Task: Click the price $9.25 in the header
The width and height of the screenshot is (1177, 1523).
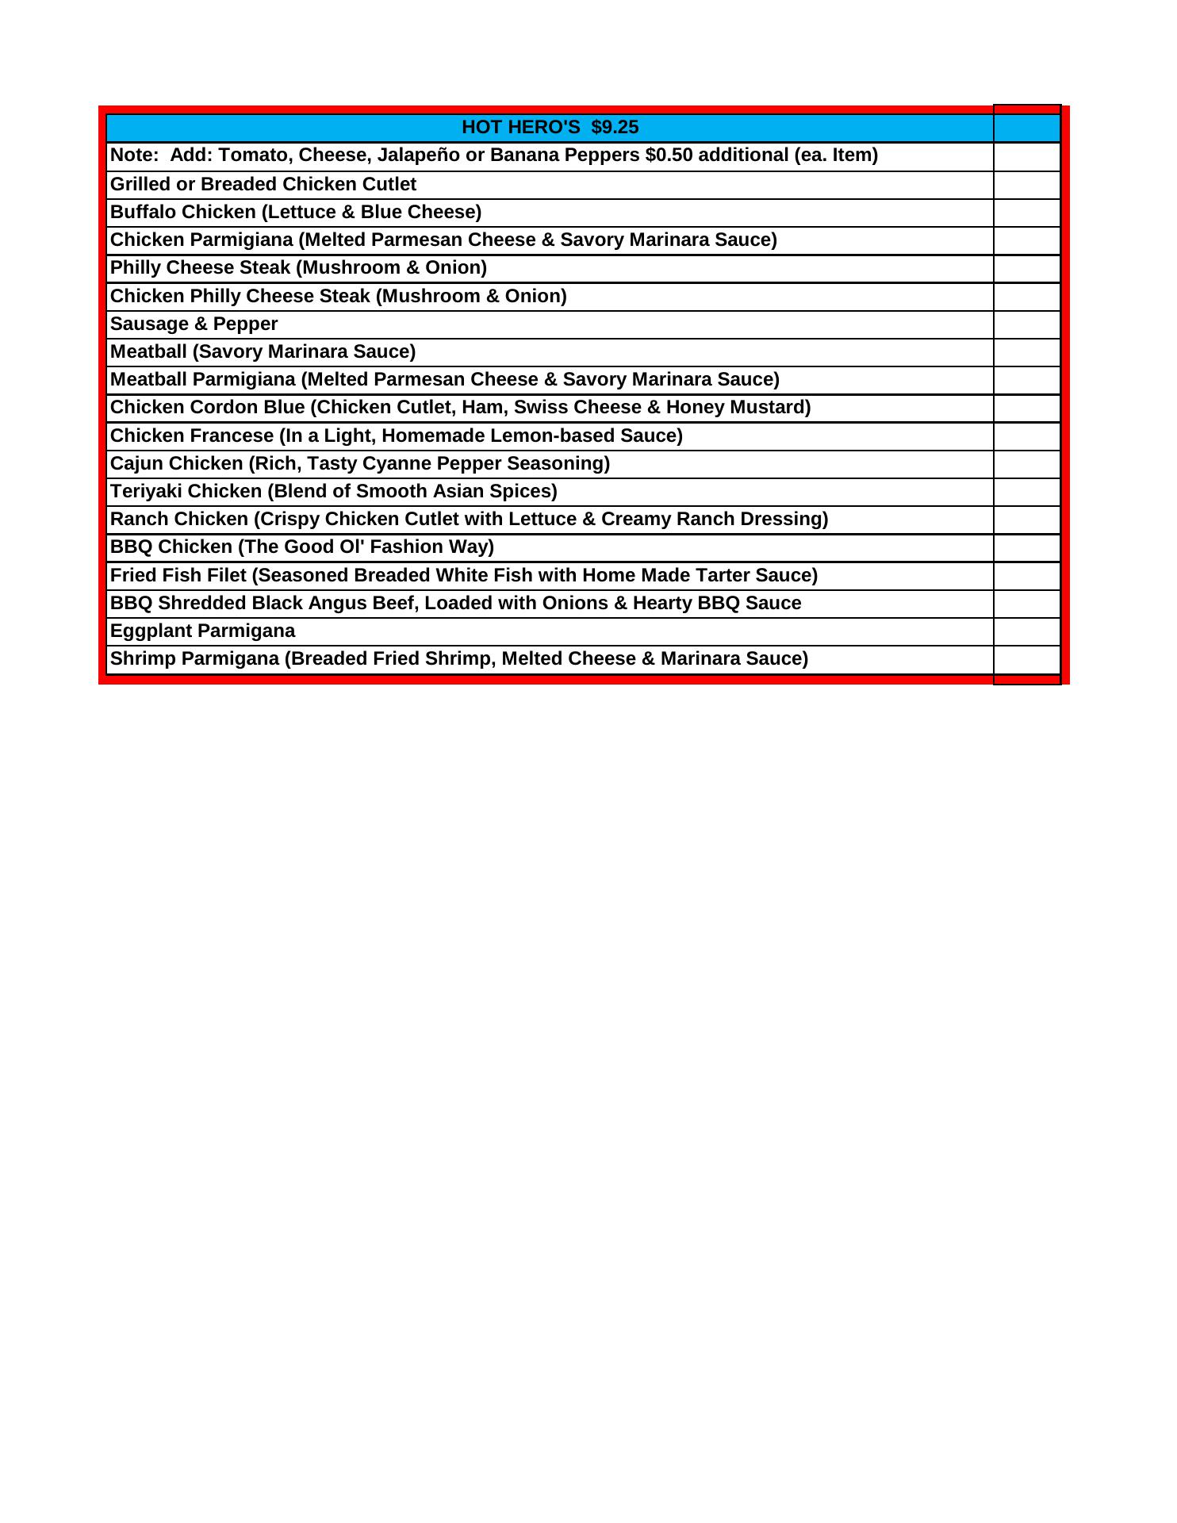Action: click(615, 128)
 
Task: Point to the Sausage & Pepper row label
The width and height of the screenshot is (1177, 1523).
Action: click(194, 324)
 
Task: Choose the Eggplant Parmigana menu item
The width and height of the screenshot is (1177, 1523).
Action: click(202, 631)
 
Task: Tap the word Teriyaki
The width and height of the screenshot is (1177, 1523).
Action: click(146, 492)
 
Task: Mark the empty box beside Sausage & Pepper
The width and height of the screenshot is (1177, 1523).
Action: click(1027, 325)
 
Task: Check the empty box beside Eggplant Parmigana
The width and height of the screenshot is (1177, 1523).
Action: click(1027, 632)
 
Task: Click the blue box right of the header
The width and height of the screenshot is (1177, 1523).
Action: click(1027, 129)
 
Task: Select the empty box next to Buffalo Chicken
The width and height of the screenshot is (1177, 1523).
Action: click(1027, 213)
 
